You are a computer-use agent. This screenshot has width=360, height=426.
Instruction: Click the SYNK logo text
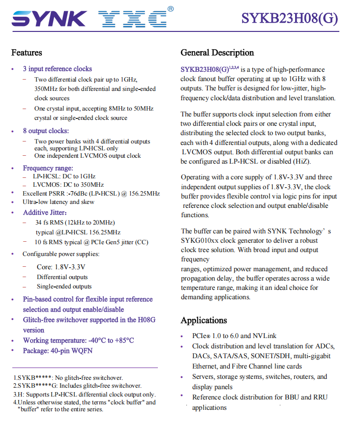49,19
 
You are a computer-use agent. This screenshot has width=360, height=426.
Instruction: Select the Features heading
27,53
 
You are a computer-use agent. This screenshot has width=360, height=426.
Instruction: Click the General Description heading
217,53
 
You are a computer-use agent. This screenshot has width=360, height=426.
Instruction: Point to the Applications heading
204,320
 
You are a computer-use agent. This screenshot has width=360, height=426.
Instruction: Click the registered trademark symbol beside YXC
170,8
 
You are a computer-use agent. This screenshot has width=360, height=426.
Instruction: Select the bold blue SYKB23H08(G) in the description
205,70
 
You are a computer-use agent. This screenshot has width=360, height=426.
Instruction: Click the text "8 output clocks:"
46,131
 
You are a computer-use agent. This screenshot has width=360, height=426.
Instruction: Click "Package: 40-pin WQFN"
58,351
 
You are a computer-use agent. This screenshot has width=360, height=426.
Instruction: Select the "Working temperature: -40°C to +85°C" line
78,341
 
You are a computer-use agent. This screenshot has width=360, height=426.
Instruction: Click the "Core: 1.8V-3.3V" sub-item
61,267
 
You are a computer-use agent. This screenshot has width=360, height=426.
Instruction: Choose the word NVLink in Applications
265,336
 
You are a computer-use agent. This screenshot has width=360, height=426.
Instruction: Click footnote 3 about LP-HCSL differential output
85,394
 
